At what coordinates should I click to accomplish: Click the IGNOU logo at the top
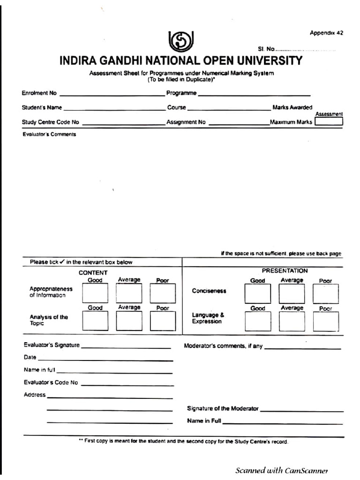click(x=181, y=41)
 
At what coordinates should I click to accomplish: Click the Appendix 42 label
click(x=326, y=33)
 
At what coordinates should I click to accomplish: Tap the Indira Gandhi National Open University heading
click(x=181, y=61)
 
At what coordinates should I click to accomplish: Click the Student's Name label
click(x=42, y=107)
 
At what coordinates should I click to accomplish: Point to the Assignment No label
click(x=186, y=122)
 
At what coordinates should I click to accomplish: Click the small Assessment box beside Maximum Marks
click(x=329, y=121)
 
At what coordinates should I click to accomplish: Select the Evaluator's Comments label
click(x=49, y=134)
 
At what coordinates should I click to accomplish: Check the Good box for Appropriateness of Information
click(x=95, y=293)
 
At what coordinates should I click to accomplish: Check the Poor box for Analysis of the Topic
click(x=163, y=321)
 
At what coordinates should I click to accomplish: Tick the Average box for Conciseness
click(x=292, y=294)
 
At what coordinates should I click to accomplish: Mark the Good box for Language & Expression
click(x=257, y=322)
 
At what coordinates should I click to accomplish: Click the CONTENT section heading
click(x=93, y=272)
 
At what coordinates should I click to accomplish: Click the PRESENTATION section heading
click(x=285, y=270)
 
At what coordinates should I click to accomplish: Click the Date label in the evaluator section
click(x=30, y=357)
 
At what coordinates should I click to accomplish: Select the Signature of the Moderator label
click(x=223, y=408)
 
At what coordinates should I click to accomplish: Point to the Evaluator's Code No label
click(x=51, y=382)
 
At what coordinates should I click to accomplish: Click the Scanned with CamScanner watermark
click(x=281, y=470)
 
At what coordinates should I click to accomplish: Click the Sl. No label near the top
click(x=266, y=49)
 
